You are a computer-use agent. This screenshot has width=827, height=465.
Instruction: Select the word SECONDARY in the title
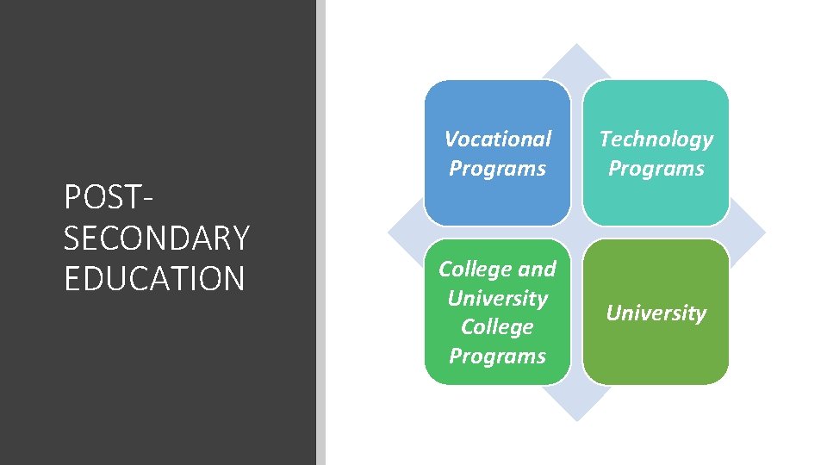tap(156, 238)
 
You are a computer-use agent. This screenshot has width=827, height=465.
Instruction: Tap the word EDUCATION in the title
tap(154, 279)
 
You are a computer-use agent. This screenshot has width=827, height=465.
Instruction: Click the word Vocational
tap(497, 139)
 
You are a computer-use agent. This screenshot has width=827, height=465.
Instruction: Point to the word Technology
tap(656, 139)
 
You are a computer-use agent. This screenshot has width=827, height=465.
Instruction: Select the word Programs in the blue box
tap(497, 168)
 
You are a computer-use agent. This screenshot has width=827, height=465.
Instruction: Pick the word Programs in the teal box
tap(656, 168)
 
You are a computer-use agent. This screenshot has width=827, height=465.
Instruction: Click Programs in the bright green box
tap(497, 356)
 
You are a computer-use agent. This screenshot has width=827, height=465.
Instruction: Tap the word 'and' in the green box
tap(537, 269)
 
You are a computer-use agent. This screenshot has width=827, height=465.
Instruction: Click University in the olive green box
tap(656, 313)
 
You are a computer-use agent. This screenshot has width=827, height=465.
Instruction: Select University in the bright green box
tap(497, 298)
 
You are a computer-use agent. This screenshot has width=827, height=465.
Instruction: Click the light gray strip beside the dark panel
tap(320, 232)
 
